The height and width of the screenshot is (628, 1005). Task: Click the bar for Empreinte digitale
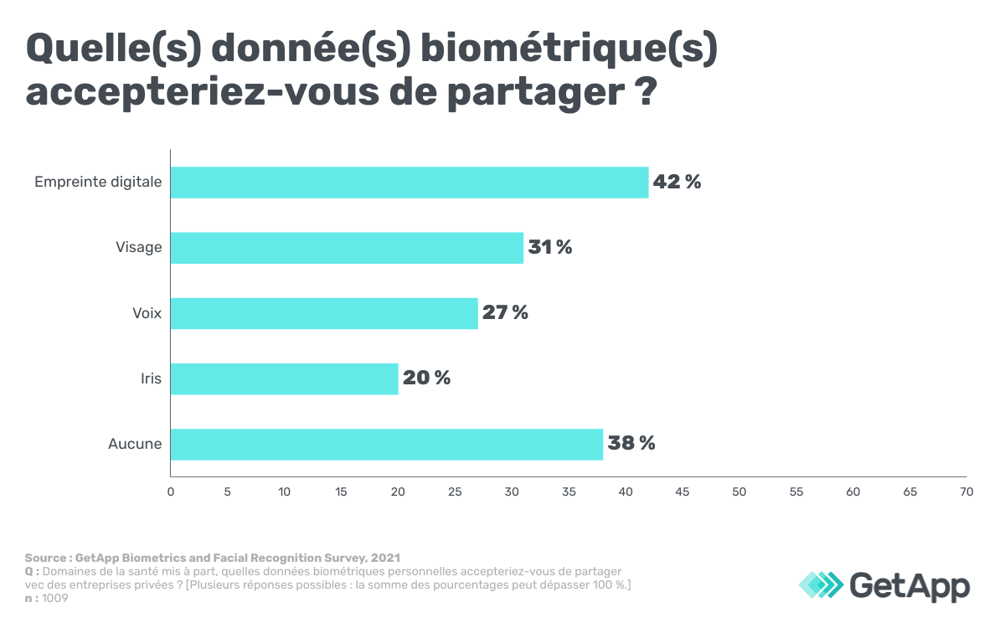coord(410,182)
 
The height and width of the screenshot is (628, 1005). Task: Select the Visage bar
coord(347,248)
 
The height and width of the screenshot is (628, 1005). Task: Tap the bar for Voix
coord(324,313)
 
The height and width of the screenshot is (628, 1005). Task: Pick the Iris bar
coord(285,378)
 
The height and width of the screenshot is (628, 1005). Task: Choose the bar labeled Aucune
coord(387,444)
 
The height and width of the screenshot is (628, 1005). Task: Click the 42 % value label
coord(677,182)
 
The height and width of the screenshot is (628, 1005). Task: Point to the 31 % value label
coord(550,248)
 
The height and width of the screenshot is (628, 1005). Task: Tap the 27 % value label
coord(505,313)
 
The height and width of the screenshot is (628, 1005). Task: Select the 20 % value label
coord(426,378)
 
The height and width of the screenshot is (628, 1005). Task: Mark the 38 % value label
coord(631,444)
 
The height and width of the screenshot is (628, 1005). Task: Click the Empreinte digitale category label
coord(98,182)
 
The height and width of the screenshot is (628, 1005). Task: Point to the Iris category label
coord(151,378)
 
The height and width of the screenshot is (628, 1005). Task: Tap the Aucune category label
coord(135,444)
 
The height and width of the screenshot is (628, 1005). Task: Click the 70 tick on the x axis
coord(966,492)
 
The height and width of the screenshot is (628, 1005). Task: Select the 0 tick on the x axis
coord(171,492)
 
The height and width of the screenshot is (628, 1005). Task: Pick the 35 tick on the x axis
coord(569,492)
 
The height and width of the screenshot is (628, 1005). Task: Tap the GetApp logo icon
coord(821,584)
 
